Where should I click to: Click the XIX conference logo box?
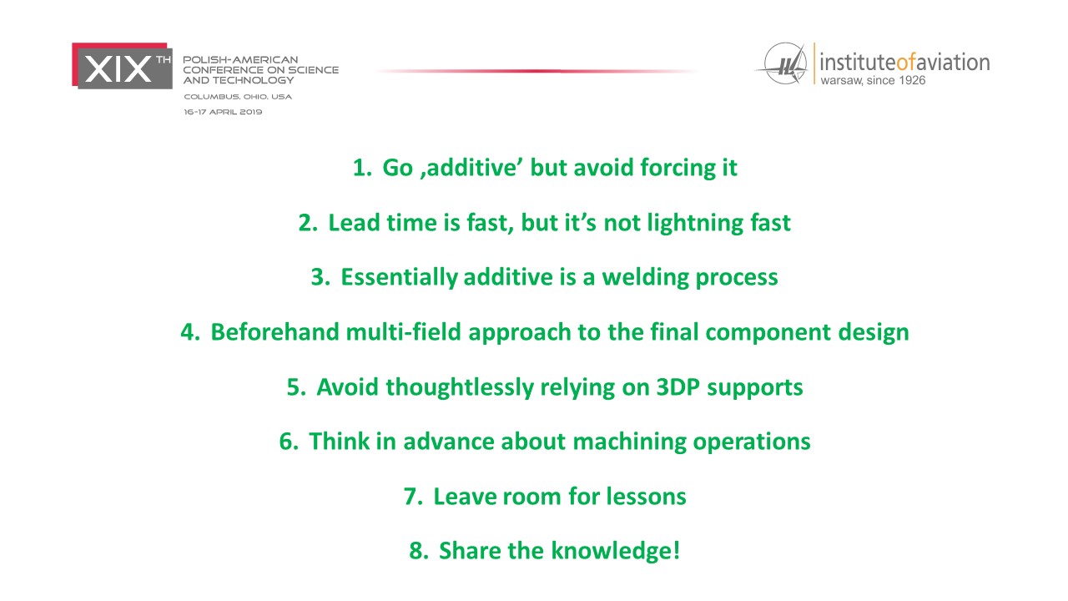pos(122,66)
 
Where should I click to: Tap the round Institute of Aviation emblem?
pos(784,63)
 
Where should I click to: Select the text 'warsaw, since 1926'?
pos(873,81)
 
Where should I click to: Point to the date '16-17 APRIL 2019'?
pos(223,112)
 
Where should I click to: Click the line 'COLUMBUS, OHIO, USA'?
pos(238,97)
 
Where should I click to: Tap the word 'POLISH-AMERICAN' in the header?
pos(241,60)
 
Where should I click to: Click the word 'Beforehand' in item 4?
pos(275,332)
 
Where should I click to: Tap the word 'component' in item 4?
pos(768,333)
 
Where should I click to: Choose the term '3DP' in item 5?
pos(678,386)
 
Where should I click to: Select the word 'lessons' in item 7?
pos(646,497)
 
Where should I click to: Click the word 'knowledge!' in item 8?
pos(616,552)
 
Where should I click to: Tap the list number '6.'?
pos(289,442)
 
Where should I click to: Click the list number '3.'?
pos(320,277)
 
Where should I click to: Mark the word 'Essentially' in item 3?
pos(399,278)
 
